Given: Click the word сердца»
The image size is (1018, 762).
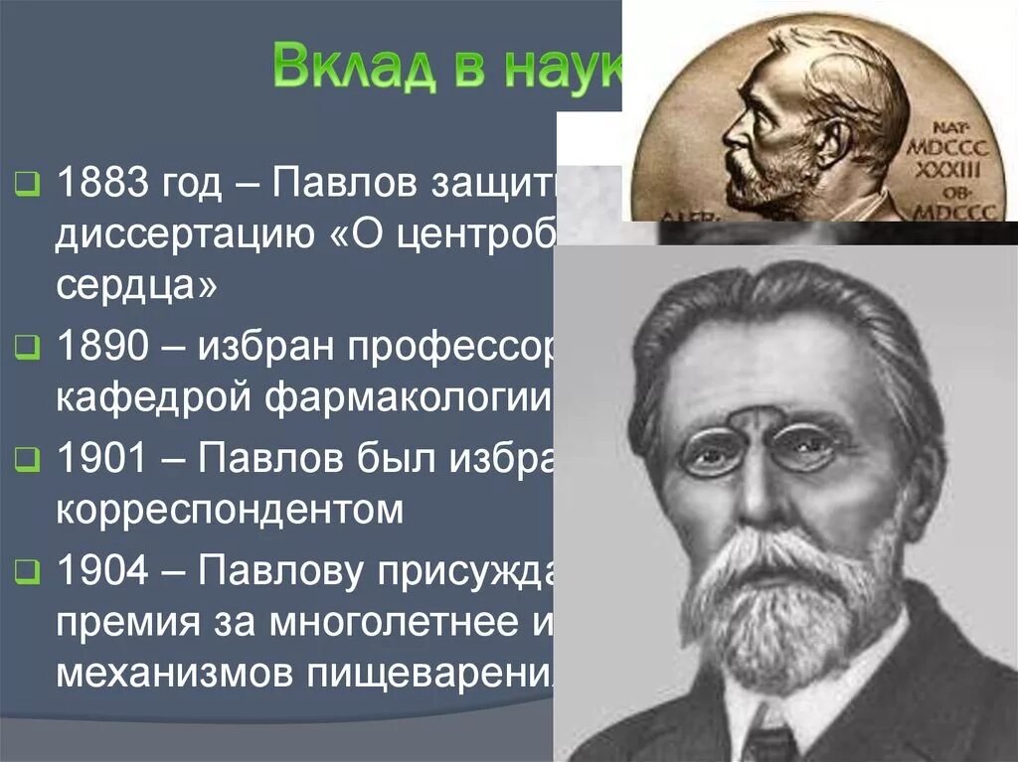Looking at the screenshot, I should [136, 288].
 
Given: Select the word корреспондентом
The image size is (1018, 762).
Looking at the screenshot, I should [230, 511].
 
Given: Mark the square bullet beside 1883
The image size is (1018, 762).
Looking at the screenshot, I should [27, 184].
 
